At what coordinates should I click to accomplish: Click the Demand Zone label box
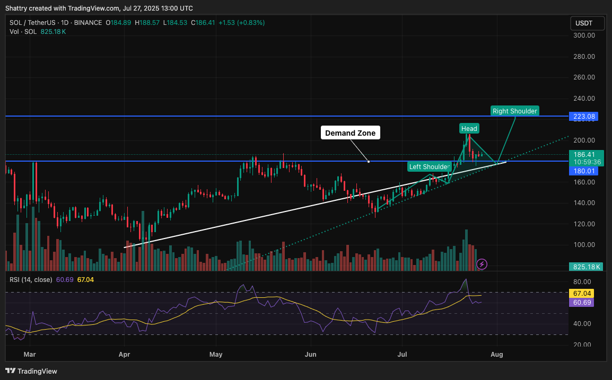point(350,133)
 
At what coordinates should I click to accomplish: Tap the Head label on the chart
point(469,128)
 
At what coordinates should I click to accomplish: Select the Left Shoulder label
point(429,166)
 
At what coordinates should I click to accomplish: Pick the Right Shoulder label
point(514,111)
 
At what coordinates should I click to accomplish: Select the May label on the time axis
point(215,354)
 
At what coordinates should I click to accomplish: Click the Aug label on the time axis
point(497,354)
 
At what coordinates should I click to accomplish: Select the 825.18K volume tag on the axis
point(586,267)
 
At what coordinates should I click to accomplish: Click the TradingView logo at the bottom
point(32,371)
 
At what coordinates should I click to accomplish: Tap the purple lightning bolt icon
point(482,263)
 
